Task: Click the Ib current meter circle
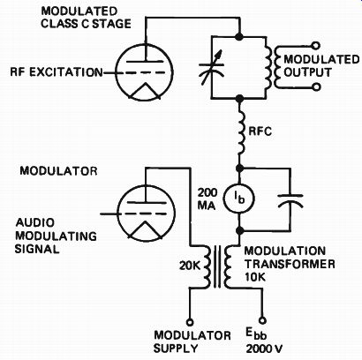pos(239,199)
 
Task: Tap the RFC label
pos(260,131)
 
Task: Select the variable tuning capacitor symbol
pos(212,68)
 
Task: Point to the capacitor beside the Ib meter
pos(290,200)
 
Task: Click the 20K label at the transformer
pos(190,266)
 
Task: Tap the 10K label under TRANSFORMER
pos(255,277)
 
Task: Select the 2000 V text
pos(264,349)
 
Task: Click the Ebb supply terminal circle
pos(262,320)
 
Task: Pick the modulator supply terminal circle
pos(190,322)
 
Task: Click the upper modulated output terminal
pos(316,46)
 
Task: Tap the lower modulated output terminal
pos(316,87)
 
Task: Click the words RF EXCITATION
pos(57,72)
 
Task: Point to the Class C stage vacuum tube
pos(144,72)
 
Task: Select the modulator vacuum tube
pos(147,214)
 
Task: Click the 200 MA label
pos(207,199)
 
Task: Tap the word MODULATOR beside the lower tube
pos(58,171)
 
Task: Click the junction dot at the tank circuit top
pos(239,37)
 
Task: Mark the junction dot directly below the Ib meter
pos(239,230)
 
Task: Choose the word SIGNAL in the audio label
pos(37,249)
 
